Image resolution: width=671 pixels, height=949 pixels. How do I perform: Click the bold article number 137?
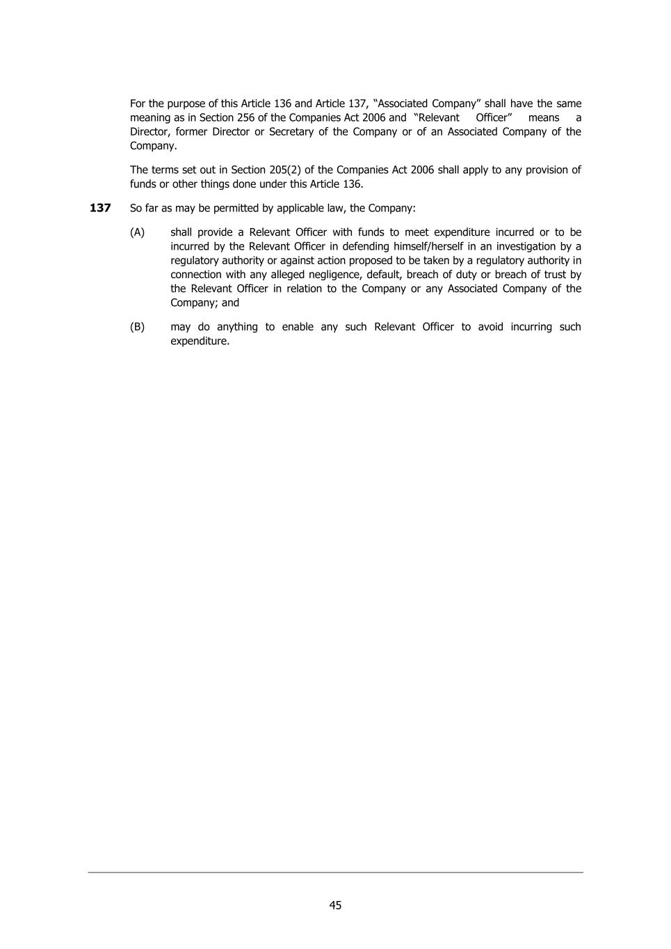[x=100, y=208]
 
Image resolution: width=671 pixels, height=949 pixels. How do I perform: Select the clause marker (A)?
[x=137, y=232]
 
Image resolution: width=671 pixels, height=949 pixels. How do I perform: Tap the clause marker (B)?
[x=137, y=327]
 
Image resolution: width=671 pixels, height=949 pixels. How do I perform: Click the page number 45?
[x=335, y=905]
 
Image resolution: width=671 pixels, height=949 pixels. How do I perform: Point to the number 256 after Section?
[x=246, y=117]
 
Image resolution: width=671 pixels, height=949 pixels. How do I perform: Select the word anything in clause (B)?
[x=237, y=327]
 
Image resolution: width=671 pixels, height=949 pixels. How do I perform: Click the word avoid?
[x=490, y=327]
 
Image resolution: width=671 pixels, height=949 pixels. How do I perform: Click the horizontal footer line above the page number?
[x=335, y=872]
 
